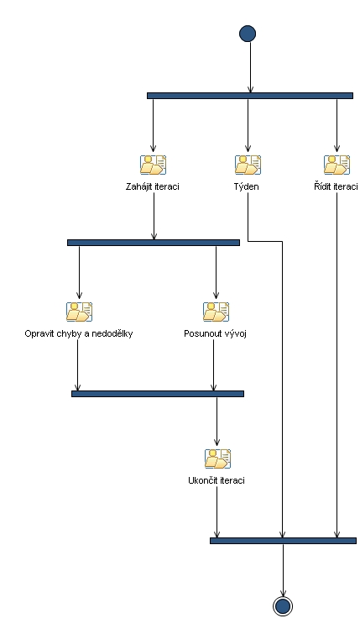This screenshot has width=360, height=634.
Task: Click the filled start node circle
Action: [248, 34]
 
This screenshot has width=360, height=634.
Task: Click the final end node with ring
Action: [282, 606]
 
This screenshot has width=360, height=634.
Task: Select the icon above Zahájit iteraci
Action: [153, 165]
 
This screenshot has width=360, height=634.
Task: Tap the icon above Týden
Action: [248, 165]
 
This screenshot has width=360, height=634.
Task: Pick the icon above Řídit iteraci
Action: [337, 165]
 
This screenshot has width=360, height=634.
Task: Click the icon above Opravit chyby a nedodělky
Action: [79, 312]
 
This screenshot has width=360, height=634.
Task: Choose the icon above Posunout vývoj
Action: [216, 312]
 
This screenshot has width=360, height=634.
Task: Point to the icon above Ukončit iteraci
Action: [217, 458]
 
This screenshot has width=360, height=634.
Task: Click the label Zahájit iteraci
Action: [153, 186]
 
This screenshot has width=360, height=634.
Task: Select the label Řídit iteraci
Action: [331, 186]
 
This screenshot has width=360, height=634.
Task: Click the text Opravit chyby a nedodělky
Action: [79, 333]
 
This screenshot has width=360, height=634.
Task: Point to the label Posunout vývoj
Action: [215, 333]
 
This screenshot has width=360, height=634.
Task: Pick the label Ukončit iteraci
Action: [217, 480]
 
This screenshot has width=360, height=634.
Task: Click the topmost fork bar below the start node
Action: [249, 96]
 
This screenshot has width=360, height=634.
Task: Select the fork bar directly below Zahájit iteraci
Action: [153, 243]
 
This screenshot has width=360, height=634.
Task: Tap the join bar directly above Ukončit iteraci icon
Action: [157, 393]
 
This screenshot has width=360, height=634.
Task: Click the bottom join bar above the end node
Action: [282, 541]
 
